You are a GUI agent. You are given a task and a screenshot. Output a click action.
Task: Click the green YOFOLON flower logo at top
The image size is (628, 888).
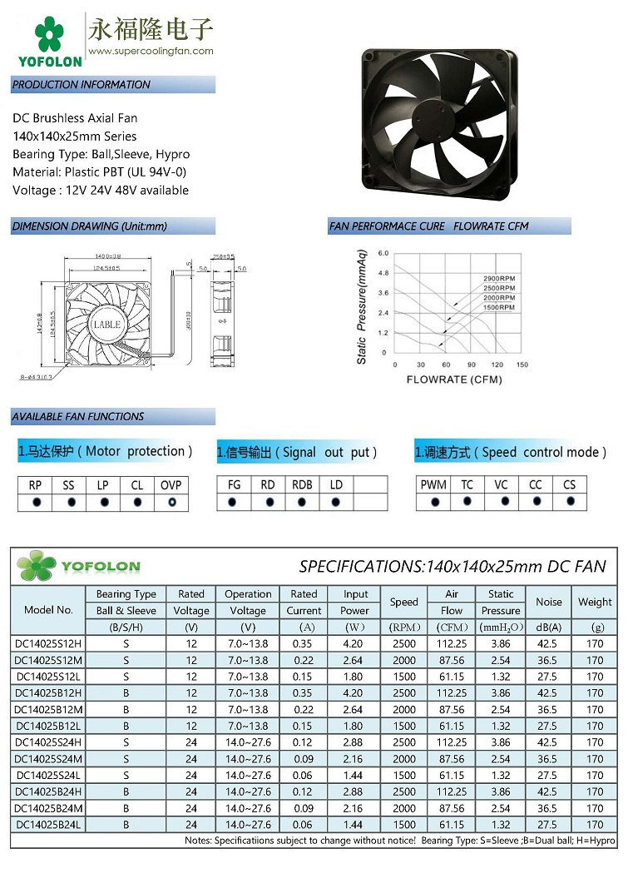pos(49,34)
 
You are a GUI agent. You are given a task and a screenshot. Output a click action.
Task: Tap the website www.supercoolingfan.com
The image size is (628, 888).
pos(151,51)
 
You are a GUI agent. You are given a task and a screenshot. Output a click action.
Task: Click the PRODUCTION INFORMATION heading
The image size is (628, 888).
pos(82,85)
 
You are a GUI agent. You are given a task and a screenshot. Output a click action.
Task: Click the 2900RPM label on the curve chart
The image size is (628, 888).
pos(499,278)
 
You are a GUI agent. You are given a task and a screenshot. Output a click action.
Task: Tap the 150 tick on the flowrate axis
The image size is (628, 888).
pos(522,365)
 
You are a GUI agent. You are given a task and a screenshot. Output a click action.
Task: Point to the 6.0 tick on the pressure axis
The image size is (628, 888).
pos(383,252)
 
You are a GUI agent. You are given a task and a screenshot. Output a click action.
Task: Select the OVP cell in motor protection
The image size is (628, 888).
pos(171,485)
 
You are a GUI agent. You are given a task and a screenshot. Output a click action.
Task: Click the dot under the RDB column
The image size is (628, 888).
pos(302,503)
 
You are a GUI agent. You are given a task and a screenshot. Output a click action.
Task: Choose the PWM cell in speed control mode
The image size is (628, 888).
pos(433,485)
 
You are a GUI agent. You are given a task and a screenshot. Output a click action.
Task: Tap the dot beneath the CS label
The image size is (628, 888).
pos(570,502)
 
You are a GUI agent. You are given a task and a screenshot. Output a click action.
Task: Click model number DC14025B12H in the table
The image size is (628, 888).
pos(47,693)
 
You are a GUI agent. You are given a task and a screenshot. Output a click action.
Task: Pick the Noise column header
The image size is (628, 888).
pos(548,602)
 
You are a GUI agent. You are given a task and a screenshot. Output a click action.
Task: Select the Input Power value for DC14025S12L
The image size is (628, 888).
pos(354,677)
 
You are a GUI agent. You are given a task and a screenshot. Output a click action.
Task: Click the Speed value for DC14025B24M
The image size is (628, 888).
pos(404,808)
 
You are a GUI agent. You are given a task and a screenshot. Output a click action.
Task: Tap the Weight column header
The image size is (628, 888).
pos(595,602)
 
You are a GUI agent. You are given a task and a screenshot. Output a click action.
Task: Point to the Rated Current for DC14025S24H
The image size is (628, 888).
pos(304,742)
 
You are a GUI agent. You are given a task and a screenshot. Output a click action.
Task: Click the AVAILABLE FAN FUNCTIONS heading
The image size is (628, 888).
pos(78,417)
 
